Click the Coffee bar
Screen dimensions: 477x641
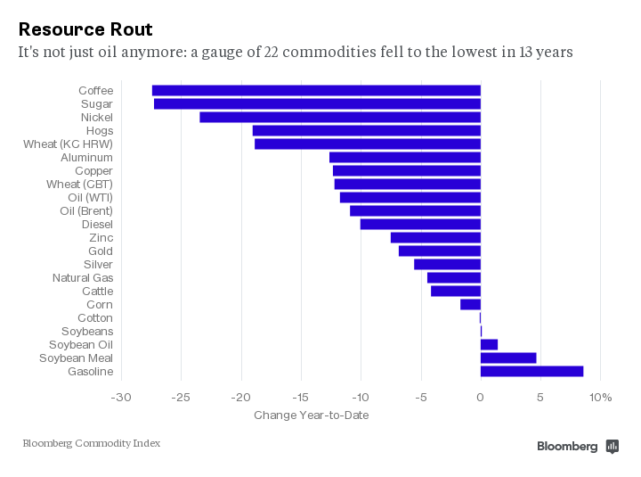[x=316, y=90]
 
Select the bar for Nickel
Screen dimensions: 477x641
[x=340, y=117]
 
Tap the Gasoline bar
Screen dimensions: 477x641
[x=531, y=371]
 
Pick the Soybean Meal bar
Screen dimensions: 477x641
[x=508, y=358]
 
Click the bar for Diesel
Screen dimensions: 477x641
[x=420, y=224]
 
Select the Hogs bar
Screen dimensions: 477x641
[x=367, y=130]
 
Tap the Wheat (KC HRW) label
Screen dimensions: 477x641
[x=68, y=144]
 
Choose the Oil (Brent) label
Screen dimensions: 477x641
[x=85, y=210]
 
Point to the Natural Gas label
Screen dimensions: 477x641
[x=82, y=277]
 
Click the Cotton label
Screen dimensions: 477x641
[x=95, y=317]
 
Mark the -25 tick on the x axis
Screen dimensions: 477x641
[x=181, y=397]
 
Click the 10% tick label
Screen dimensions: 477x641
[x=601, y=397]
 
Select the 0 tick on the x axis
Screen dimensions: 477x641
[x=481, y=397]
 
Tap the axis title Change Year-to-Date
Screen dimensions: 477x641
[x=311, y=415]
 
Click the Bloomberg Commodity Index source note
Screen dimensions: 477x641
[x=91, y=443]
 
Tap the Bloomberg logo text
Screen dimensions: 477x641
[x=567, y=447]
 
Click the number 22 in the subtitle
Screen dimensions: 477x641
[x=273, y=52]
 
